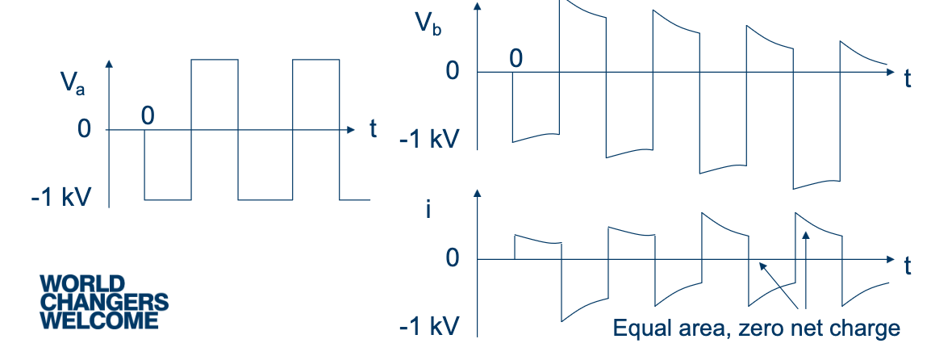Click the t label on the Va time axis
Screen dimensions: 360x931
373,129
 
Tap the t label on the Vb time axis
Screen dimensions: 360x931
908,78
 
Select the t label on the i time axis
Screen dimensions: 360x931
908,266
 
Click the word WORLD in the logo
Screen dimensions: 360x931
82,284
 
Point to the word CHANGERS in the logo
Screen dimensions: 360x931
104,303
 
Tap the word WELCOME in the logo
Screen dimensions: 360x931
99,321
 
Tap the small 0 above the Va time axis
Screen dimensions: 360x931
147,115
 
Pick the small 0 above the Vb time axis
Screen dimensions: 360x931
516,57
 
